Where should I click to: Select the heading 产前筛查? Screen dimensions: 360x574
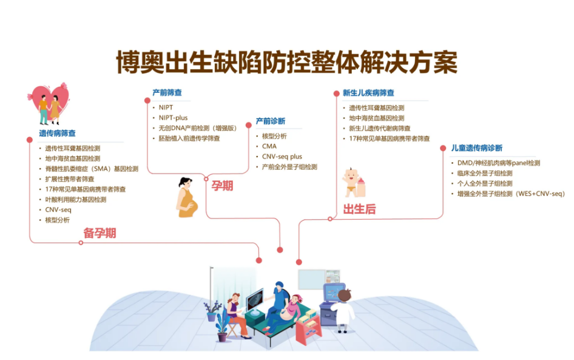click(x=167, y=93)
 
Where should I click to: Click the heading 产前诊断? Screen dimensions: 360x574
click(x=270, y=121)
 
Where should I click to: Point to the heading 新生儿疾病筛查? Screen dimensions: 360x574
click(x=368, y=93)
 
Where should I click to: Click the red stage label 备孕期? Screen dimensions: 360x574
click(x=100, y=233)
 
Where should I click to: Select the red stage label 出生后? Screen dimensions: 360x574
click(x=359, y=209)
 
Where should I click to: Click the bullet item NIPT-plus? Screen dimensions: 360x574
click(x=173, y=118)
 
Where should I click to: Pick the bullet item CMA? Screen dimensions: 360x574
click(x=269, y=146)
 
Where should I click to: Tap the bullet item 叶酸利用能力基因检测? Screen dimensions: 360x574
click(x=76, y=199)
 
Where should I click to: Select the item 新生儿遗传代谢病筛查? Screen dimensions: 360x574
click(x=380, y=128)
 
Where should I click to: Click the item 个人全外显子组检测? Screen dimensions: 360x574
click(x=485, y=183)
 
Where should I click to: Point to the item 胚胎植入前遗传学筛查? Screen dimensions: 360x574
click(x=189, y=138)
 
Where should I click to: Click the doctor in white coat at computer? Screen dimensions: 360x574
click(x=343, y=309)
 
